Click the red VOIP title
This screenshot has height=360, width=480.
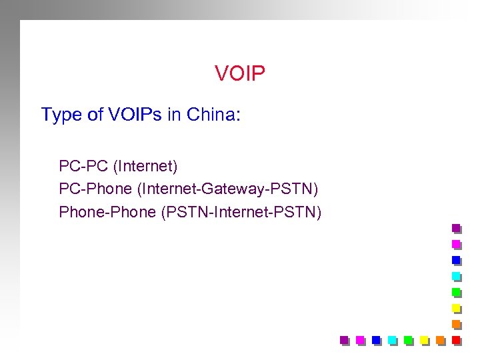tap(240, 73)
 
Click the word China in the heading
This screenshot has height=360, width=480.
tap(211, 115)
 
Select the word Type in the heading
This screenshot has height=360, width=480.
tap(60, 115)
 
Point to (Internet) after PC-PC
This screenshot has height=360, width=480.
tap(143, 165)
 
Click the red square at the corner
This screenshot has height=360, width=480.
tap(456, 340)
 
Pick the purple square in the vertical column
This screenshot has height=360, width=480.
tap(456, 228)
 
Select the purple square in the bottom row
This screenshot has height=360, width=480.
tap(345, 340)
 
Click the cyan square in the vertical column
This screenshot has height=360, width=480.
tap(456, 276)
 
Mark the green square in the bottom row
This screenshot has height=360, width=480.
tap(408, 340)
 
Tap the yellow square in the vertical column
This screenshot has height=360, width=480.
tap(456, 308)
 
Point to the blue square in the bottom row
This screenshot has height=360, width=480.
tap(376, 340)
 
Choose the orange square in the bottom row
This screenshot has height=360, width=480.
tap(440, 340)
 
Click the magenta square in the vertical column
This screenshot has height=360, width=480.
tap(456, 244)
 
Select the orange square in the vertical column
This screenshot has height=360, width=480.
tap(456, 324)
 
